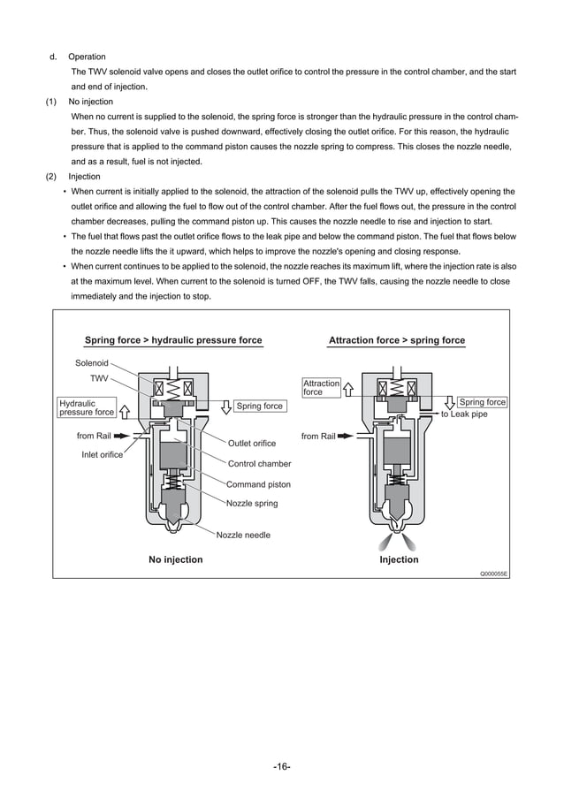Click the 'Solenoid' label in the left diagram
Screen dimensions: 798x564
[x=92, y=362]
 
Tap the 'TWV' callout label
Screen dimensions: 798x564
[x=99, y=377]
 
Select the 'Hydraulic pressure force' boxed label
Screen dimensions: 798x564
[x=87, y=407]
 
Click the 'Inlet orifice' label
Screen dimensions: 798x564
[x=103, y=455]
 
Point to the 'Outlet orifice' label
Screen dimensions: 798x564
[x=252, y=443]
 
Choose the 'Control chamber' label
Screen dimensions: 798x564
[x=259, y=463]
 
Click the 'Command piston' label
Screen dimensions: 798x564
[x=258, y=484]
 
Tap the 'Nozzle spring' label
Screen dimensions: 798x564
[x=252, y=503]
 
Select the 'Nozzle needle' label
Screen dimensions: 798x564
[x=243, y=535]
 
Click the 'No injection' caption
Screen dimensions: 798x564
[x=175, y=559]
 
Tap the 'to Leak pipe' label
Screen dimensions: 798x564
[x=463, y=414]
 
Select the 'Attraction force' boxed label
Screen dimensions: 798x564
[x=321, y=387]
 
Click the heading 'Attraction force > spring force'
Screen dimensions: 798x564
[x=396, y=340]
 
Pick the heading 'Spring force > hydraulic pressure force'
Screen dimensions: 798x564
[x=173, y=340]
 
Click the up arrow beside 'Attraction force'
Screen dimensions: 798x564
[x=348, y=387]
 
